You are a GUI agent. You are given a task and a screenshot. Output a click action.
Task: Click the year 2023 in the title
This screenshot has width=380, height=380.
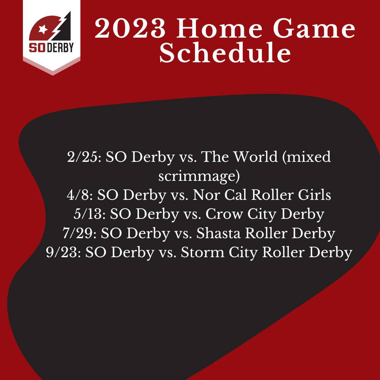[130, 28]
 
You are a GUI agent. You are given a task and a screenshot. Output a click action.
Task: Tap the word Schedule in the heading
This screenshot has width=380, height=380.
[225, 52]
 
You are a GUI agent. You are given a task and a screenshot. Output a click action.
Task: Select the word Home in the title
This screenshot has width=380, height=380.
[219, 28]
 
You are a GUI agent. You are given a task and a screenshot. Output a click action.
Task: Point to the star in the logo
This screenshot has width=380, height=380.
[43, 29]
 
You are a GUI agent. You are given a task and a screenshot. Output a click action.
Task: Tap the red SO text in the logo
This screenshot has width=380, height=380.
[37, 47]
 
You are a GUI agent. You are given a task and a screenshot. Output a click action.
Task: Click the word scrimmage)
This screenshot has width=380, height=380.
[199, 176]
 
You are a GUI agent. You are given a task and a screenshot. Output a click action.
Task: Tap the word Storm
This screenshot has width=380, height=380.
[202, 253]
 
